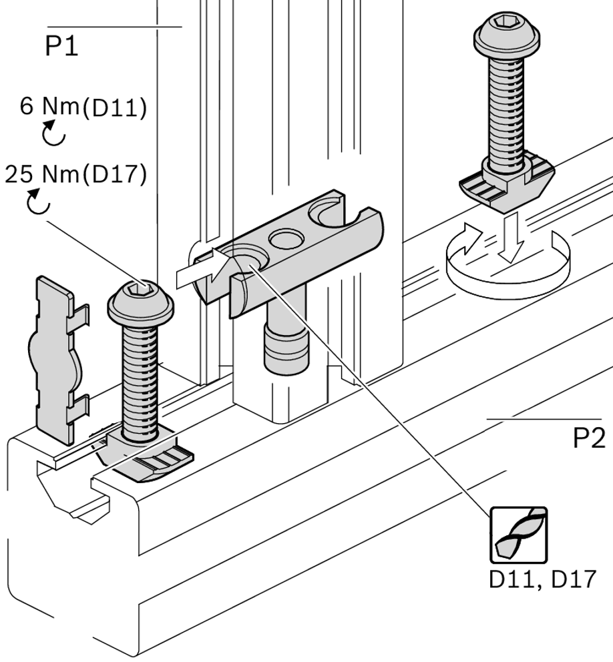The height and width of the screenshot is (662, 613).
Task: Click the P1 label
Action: pyautogui.click(x=61, y=46)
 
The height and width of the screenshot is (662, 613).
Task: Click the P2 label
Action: pyautogui.click(x=589, y=438)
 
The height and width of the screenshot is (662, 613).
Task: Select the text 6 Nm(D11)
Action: pyautogui.click(x=83, y=107)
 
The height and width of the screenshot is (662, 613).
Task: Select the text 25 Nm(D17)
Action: pyautogui.click(x=75, y=174)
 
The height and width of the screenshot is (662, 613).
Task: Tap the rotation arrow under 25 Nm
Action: pyautogui.click(x=38, y=202)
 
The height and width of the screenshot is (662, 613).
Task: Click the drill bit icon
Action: pyautogui.click(x=519, y=534)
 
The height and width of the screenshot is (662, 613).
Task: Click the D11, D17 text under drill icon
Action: pyautogui.click(x=541, y=579)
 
